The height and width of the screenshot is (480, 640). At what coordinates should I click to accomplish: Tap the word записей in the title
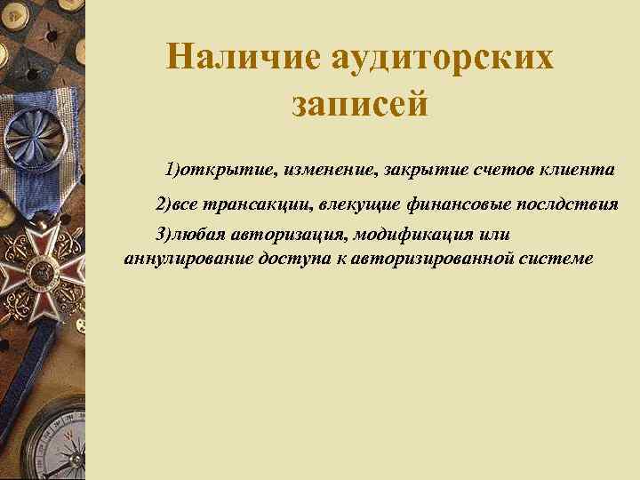click(360, 105)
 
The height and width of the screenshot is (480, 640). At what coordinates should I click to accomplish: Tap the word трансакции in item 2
click(252, 205)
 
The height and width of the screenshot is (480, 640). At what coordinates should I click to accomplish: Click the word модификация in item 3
click(412, 235)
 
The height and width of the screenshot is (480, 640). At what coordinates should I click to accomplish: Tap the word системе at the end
click(556, 259)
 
